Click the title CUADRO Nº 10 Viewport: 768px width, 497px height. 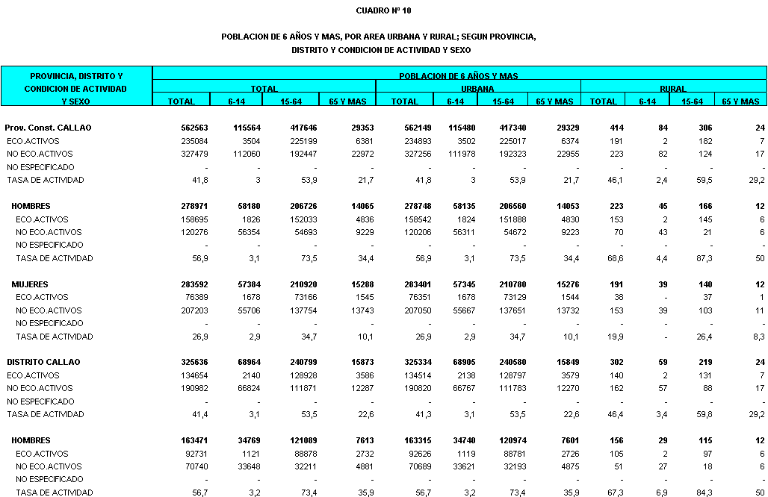pos(383,10)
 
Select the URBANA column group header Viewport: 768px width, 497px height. pos(478,88)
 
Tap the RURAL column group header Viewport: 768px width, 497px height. pos(673,88)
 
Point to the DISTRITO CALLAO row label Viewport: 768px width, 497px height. pos(43,362)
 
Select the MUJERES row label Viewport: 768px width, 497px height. pos(30,284)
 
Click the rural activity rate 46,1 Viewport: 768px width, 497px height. pos(609,180)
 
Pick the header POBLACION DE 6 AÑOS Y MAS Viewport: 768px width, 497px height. pos(459,75)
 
